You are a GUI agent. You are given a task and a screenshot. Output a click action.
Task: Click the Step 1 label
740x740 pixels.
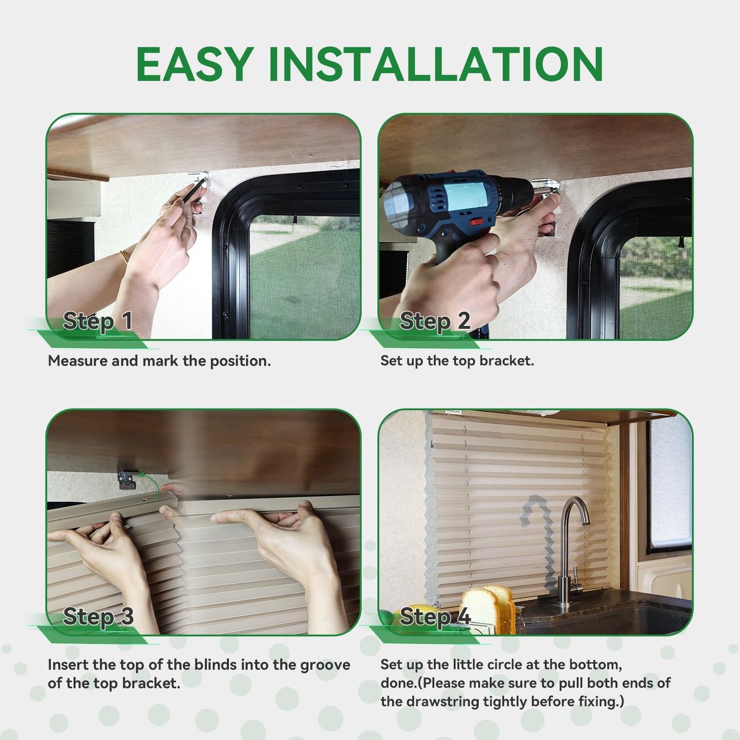point(97,321)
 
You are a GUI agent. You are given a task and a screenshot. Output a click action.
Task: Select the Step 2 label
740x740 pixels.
point(435,321)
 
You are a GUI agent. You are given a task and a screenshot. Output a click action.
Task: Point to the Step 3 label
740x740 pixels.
point(98,617)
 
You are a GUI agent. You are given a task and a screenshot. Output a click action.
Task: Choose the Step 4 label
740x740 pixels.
point(435,617)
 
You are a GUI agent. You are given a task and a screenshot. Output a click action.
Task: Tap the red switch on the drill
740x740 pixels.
point(477,222)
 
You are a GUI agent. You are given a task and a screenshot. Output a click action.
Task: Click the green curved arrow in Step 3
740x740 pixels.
point(151,484)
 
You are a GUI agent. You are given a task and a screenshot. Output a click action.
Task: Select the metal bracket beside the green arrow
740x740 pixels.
point(127,480)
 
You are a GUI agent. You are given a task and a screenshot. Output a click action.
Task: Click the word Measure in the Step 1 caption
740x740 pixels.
point(77,361)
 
